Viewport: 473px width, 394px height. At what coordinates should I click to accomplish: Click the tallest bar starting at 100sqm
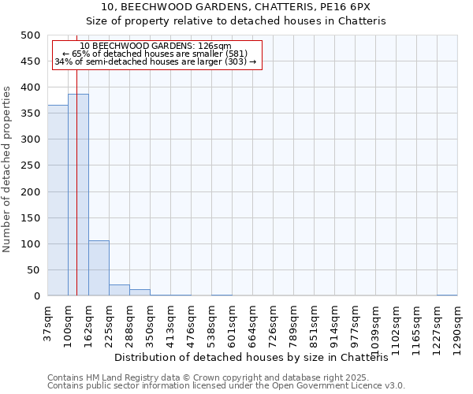(78, 195)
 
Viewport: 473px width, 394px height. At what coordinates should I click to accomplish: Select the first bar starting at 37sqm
(58, 201)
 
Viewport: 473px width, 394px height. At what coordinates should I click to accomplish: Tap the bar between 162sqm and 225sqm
(99, 268)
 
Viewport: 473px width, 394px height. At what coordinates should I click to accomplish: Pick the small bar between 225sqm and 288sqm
(119, 290)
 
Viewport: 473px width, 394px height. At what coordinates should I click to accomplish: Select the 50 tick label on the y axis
(34, 270)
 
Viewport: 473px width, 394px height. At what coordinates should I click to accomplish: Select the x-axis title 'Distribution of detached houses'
(256, 357)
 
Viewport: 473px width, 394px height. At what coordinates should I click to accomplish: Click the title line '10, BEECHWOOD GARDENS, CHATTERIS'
(236, 7)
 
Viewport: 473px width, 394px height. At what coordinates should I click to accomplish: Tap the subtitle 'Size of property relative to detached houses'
(236, 21)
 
